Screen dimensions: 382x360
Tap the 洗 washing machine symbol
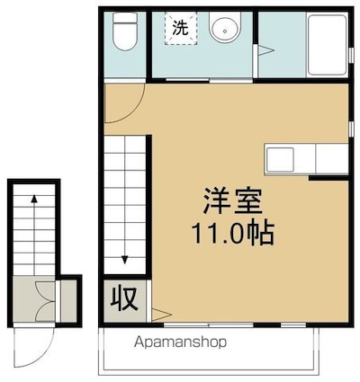tap(180, 28)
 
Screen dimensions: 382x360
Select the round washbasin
tap(222, 30)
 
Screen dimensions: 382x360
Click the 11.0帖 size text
tap(231, 233)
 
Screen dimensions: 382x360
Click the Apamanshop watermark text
tap(180, 342)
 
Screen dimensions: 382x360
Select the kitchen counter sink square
tap(280, 158)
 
